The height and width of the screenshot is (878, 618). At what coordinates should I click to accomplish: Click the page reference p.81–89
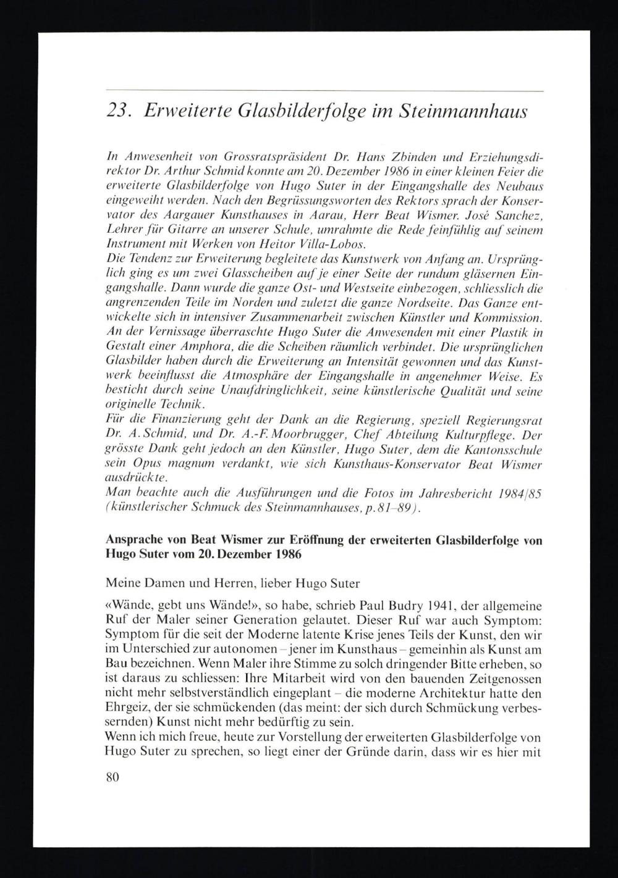(x=391, y=507)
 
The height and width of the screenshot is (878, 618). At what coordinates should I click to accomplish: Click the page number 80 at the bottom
(x=112, y=777)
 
